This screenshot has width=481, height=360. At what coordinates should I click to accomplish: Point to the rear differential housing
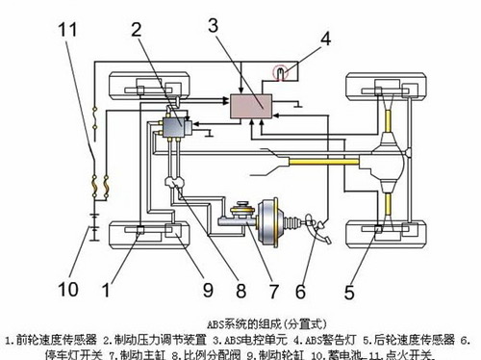tap(389, 154)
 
